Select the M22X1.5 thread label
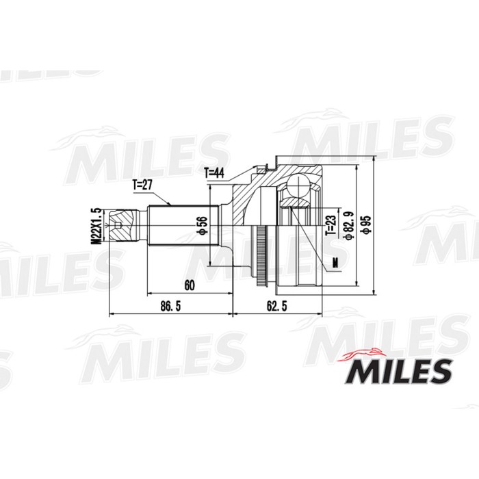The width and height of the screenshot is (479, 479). pos(97,226)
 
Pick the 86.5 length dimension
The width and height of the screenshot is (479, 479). pos(170,307)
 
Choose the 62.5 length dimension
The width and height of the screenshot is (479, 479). pos(277,307)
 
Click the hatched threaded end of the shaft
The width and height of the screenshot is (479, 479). pos(119,226)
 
